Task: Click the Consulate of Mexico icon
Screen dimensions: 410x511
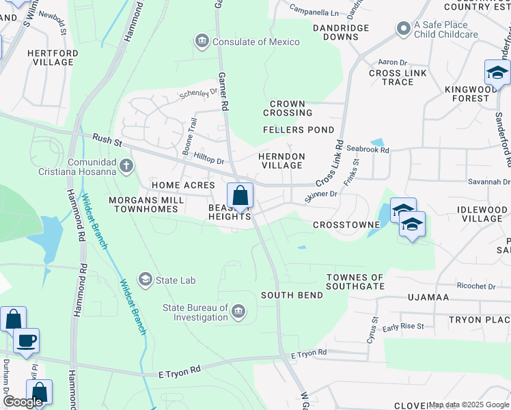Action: [202, 42]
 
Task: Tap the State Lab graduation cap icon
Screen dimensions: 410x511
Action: [145, 279]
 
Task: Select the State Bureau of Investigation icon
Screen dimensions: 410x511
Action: [238, 312]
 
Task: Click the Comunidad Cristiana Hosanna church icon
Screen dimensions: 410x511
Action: [126, 165]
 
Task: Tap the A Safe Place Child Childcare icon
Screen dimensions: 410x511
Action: [403, 29]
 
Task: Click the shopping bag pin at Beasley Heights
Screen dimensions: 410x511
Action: [240, 195]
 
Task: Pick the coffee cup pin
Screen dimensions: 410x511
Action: [26, 340]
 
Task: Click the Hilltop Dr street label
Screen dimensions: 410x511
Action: [209, 159]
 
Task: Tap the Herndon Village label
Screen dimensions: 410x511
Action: [281, 161]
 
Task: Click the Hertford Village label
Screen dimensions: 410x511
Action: [50, 57]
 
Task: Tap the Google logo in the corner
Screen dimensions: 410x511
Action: [23, 402]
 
